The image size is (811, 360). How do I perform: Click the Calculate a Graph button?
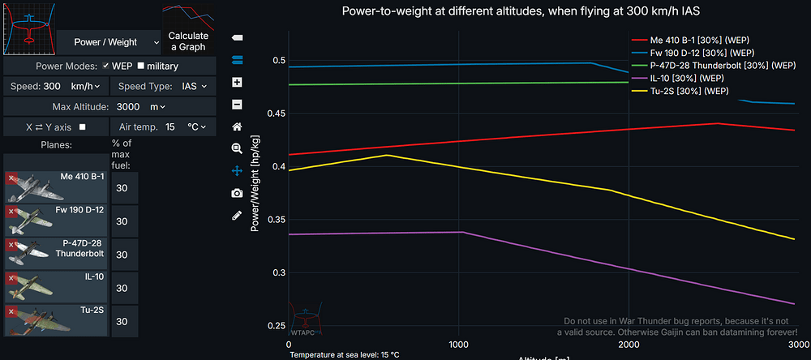click(188, 41)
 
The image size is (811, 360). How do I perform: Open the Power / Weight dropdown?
click(109, 41)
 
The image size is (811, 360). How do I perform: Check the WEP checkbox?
click(105, 66)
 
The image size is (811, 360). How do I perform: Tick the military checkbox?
click(141, 66)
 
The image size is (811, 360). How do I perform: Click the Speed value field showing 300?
click(52, 85)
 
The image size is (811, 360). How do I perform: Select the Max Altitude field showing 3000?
click(131, 106)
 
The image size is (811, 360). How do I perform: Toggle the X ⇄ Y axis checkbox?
click(82, 127)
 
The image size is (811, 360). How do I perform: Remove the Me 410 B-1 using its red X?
click(11, 178)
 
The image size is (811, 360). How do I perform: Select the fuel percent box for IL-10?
click(122, 288)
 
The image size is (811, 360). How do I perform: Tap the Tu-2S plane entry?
click(57, 321)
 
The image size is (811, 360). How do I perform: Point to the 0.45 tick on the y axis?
click(277, 114)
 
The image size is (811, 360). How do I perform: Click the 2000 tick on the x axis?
click(629, 344)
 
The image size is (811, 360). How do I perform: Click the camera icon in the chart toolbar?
click(237, 193)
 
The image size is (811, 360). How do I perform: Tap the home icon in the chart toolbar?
click(237, 126)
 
